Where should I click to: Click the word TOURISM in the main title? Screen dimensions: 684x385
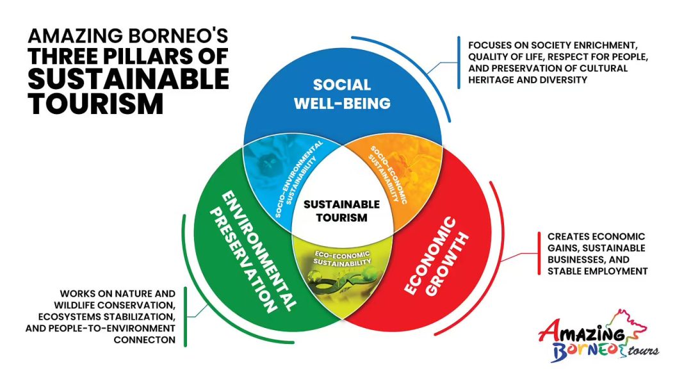95,103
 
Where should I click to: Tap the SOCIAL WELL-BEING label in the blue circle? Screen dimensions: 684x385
342,94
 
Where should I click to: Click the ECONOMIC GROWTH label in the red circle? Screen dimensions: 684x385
436,256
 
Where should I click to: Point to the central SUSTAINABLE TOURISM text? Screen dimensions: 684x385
341,211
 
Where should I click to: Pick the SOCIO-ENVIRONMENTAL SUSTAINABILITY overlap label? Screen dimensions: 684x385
300,178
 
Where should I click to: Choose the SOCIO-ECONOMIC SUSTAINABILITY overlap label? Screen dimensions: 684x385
388,174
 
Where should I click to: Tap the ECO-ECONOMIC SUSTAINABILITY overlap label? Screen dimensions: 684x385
342,258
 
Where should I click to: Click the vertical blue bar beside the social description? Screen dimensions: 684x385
459,62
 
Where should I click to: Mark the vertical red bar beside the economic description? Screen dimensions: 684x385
539,254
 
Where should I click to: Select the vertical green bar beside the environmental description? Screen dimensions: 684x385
185,316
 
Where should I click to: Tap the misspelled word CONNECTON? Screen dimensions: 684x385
144,340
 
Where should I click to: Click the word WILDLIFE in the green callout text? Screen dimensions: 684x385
74,305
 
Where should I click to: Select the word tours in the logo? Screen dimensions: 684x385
644,350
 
